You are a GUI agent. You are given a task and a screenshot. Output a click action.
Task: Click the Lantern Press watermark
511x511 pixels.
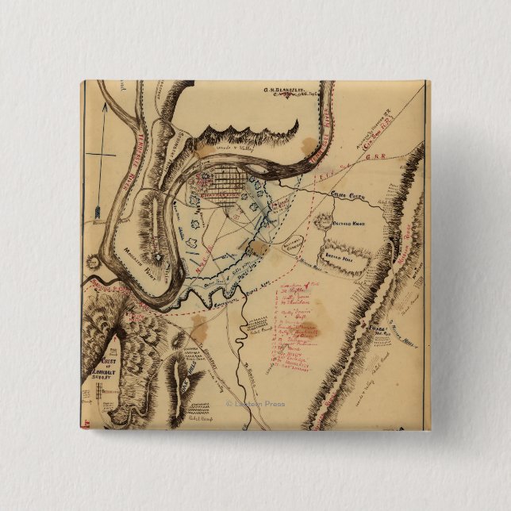255,403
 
